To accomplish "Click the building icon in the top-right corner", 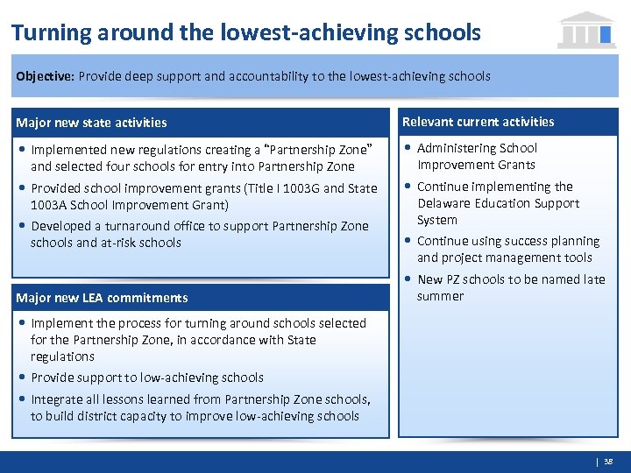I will pyautogui.click(x=586, y=30).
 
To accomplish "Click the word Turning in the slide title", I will pyautogui.click(x=52, y=33).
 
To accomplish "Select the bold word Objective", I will pyautogui.click(x=44, y=76).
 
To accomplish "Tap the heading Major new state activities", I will pyautogui.click(x=91, y=123).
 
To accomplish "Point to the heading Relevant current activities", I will pyautogui.click(x=478, y=122).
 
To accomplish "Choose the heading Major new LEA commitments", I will pyautogui.click(x=102, y=298).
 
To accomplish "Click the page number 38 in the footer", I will pyautogui.click(x=609, y=462).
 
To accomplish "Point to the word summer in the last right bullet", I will pyautogui.click(x=441, y=296).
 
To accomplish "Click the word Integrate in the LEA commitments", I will pyautogui.click(x=57, y=399).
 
